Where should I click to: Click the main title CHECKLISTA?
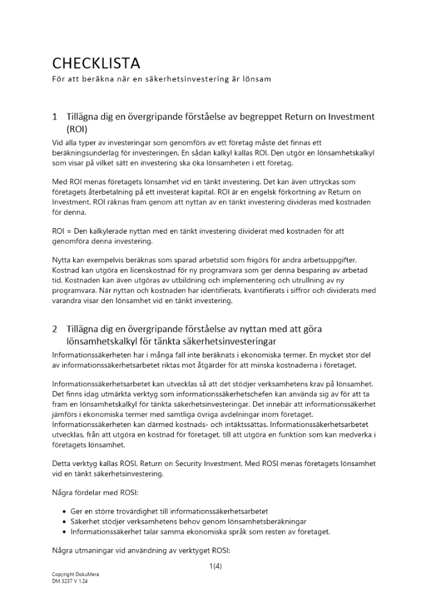(x=96, y=63)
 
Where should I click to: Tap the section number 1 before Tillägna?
(x=55, y=117)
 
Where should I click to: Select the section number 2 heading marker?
(x=55, y=329)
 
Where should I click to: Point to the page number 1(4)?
(x=215, y=566)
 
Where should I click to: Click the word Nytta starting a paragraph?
(x=63, y=260)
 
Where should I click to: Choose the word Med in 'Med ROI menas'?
(x=59, y=182)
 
